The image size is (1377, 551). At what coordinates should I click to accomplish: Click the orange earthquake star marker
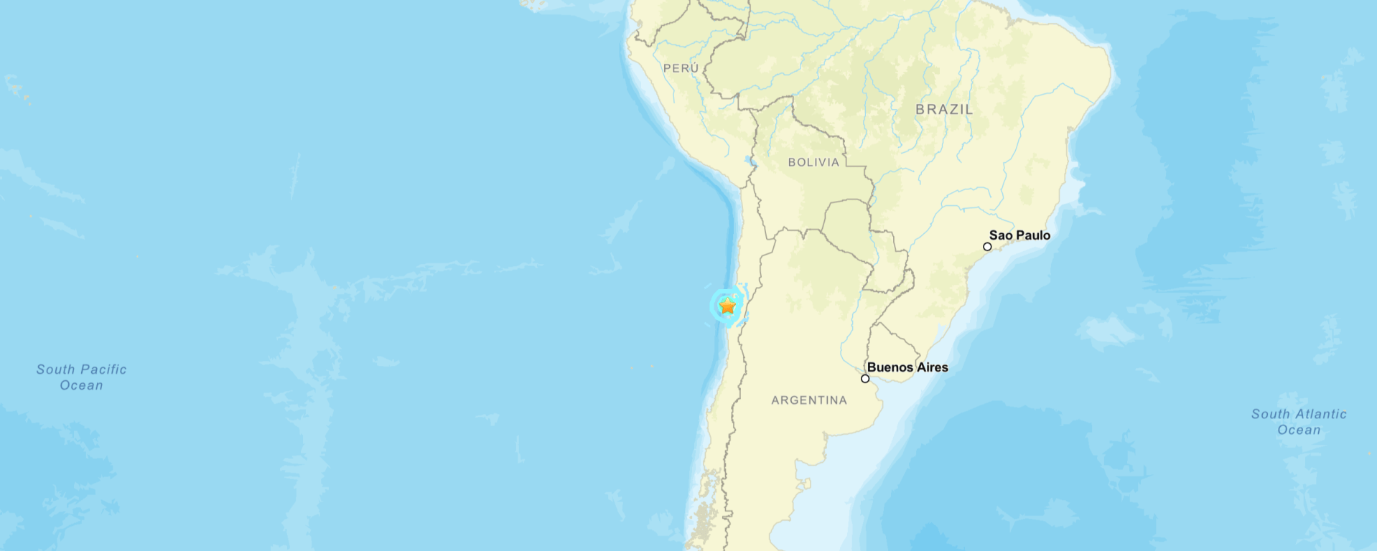pos(727,306)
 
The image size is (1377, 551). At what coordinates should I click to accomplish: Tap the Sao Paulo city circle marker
pos(987,247)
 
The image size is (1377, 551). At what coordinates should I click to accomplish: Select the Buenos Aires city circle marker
pos(865,379)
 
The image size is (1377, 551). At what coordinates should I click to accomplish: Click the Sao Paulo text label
pos(1019,235)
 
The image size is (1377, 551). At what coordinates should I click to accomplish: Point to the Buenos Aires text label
pos(907,367)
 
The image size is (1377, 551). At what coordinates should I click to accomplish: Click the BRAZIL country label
pos(944,110)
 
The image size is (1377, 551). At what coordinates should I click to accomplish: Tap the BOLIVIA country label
pos(813,163)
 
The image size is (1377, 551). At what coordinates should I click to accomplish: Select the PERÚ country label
pos(681,68)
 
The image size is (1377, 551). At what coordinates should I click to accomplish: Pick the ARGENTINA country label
pos(809,400)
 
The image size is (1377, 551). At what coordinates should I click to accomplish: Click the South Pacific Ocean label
pos(82,377)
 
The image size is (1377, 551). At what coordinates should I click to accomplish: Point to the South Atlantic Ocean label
pos(1299,422)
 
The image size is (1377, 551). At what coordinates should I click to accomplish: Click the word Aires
pos(933,367)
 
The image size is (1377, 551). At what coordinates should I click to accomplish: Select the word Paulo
pos(1033,235)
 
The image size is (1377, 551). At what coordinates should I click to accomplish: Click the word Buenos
pos(890,367)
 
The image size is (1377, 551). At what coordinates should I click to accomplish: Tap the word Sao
pos(1001,235)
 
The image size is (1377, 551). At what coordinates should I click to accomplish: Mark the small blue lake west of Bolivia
pos(750,161)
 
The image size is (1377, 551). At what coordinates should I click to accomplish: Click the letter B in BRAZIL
pos(920,110)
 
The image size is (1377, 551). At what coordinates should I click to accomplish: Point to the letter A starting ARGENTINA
pos(775,400)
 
